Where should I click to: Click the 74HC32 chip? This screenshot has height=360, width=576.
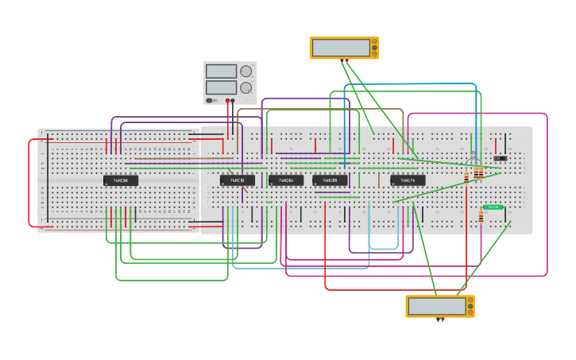237,180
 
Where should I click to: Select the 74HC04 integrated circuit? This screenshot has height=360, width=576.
285,180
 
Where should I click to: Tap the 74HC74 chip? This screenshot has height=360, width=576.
408,180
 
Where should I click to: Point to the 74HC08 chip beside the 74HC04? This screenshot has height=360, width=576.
330,180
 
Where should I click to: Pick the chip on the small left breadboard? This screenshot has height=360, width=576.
121,180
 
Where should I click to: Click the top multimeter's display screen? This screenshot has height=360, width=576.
341,48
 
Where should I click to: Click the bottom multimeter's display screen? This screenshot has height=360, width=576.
437,306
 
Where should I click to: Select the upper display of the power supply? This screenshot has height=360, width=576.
221,72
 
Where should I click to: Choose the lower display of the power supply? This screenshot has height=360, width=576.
221,87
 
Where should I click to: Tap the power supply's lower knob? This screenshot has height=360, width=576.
246,87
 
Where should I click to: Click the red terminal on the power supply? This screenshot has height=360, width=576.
227,101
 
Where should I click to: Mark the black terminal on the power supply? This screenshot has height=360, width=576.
233,101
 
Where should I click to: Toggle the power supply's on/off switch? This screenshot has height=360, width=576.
211,100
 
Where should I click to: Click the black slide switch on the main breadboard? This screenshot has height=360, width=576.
500,158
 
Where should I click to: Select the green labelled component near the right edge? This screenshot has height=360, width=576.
493,207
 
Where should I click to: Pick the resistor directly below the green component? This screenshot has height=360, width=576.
481,218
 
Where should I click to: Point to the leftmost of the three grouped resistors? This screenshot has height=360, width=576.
466,176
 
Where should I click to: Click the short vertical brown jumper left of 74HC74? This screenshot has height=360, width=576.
379,180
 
